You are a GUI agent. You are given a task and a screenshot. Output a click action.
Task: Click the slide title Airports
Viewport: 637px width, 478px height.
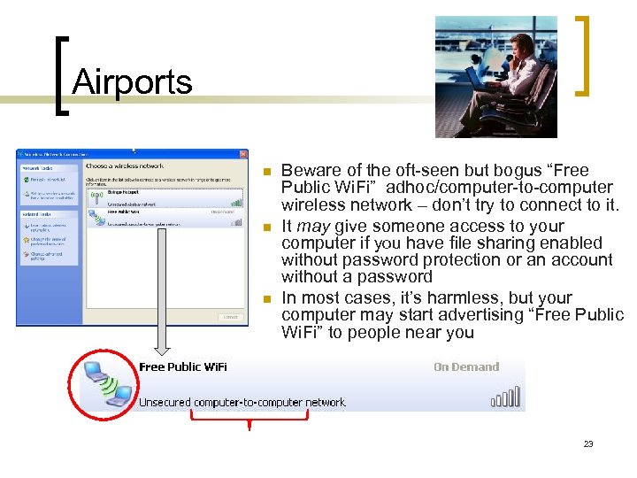[x=132, y=82]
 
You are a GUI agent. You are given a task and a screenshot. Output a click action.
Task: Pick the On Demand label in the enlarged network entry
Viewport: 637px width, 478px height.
[x=466, y=367]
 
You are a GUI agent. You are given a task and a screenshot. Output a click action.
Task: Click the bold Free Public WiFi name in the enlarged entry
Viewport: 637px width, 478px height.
[x=183, y=367]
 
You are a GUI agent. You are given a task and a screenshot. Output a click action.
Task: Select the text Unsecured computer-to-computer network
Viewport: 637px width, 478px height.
[x=242, y=403]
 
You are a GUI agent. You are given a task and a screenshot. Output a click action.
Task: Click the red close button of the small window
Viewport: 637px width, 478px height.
[x=243, y=154]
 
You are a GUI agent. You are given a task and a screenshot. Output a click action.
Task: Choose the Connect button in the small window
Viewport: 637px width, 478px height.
[x=230, y=316]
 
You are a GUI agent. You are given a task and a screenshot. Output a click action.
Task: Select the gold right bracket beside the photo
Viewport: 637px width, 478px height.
[x=583, y=55]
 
